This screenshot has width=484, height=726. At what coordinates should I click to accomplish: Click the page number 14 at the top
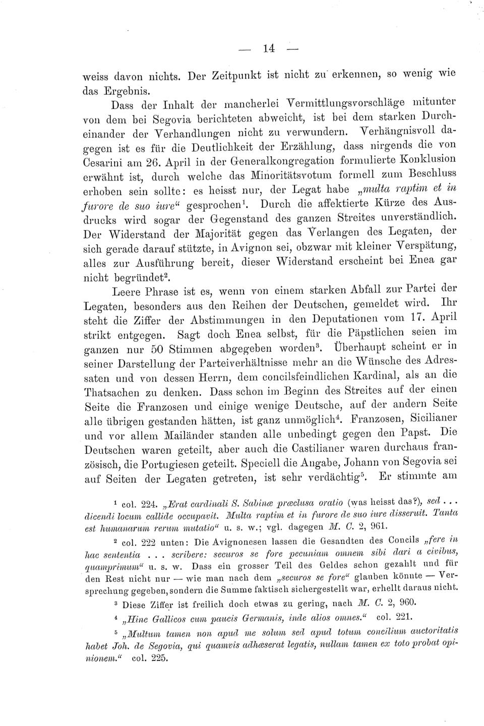268,48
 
